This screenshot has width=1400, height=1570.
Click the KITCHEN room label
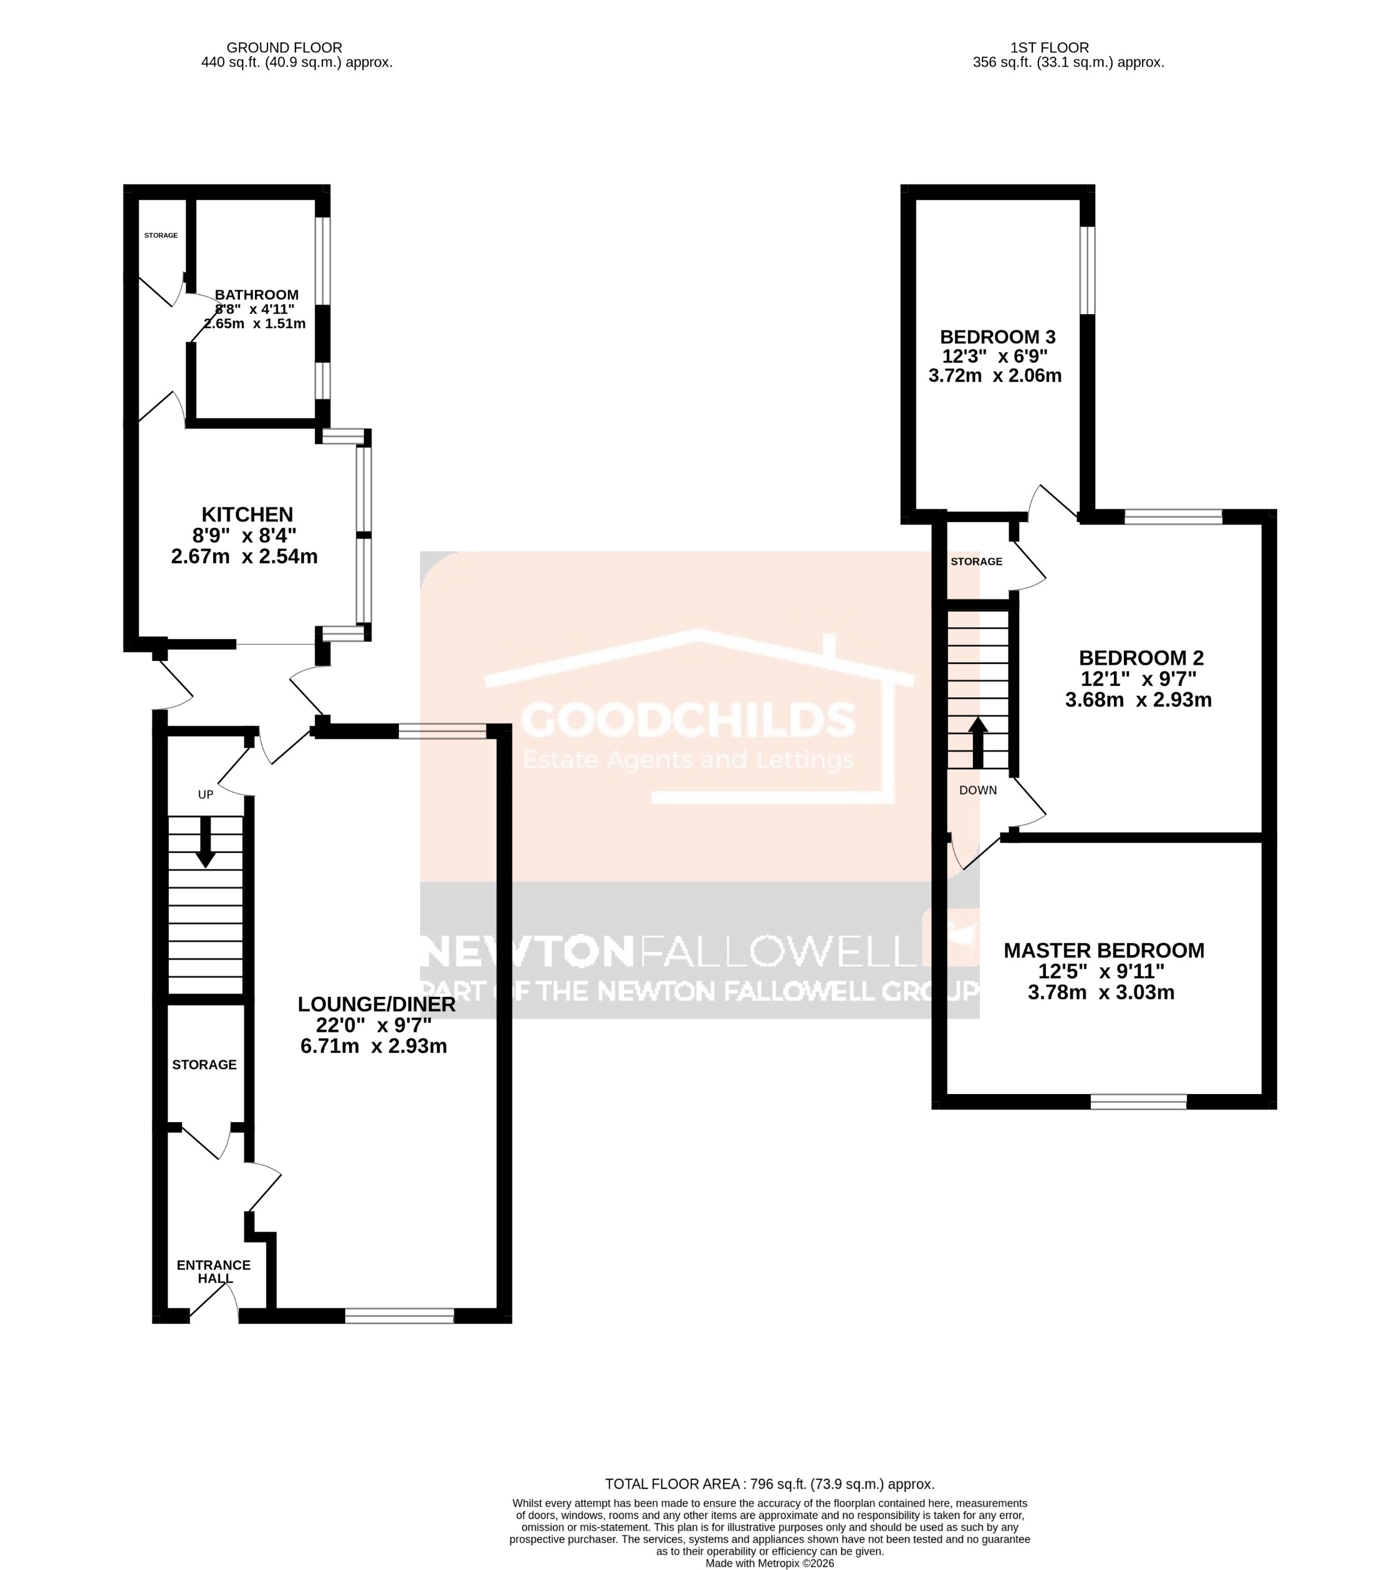tap(247, 515)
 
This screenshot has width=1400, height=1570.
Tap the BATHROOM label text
tap(256, 295)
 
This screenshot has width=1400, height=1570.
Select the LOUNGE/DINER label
tap(376, 1004)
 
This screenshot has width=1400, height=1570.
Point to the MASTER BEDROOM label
tap(1103, 950)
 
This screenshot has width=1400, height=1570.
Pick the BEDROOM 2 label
tap(1140, 658)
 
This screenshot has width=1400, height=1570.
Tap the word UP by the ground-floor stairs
tap(205, 794)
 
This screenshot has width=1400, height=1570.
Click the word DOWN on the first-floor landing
tap(977, 789)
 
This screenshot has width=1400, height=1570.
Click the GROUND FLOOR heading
tap(284, 48)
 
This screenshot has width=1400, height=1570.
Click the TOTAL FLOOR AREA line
tap(769, 1485)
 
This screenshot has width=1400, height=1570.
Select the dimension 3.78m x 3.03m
tap(1100, 992)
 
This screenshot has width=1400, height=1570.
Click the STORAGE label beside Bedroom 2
tap(976, 561)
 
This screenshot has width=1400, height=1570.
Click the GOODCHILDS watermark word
tap(688, 720)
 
